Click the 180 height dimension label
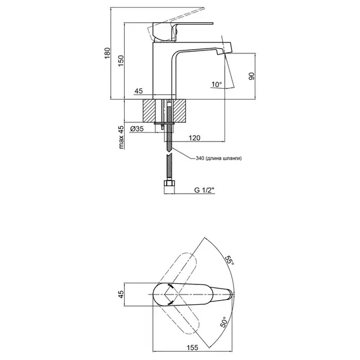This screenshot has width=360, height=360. (107, 53)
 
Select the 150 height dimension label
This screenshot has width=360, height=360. (121, 61)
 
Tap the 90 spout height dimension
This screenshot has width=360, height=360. (251, 76)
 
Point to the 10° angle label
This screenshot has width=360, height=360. (217, 84)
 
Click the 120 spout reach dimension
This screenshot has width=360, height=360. (194, 138)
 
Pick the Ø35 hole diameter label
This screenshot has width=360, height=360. (137, 129)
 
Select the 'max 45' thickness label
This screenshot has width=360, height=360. (121, 137)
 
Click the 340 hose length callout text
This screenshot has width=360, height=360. (218, 158)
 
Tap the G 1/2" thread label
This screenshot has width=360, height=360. (204, 190)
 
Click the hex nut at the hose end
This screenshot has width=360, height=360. (169, 184)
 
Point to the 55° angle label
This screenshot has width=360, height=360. (229, 260)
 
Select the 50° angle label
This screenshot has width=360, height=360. (224, 322)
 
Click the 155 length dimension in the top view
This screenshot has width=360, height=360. (192, 347)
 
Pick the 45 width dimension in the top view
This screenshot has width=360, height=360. (121, 294)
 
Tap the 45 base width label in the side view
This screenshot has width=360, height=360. (139, 91)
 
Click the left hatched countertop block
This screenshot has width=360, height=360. (149, 110)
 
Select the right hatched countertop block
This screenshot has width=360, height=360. (179, 110)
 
